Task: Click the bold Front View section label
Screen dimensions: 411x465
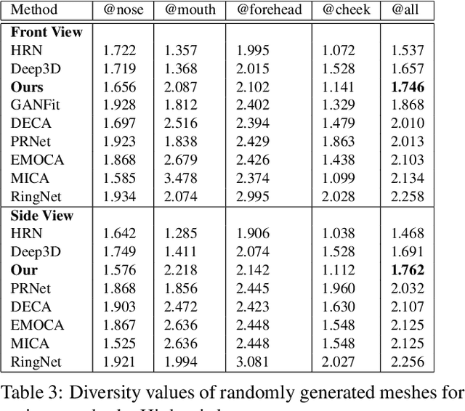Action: [x=46, y=33]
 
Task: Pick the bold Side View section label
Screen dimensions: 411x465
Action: [x=42, y=216]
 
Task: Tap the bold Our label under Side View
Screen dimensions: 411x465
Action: [x=24, y=270]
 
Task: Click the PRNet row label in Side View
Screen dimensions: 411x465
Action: [x=30, y=288]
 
